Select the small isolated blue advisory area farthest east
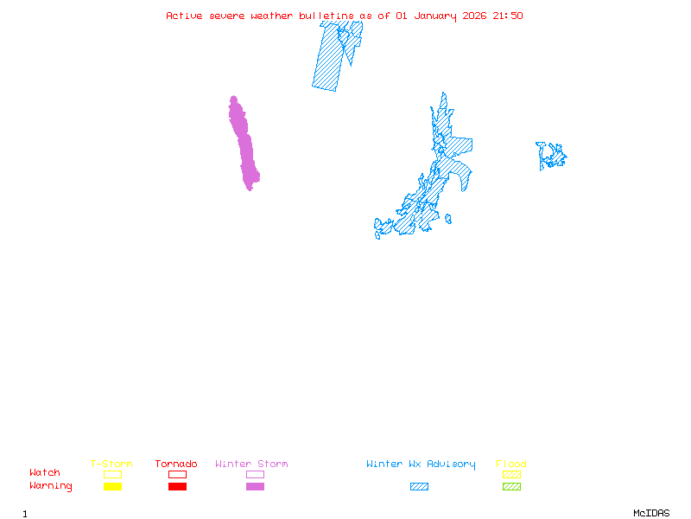[550, 157]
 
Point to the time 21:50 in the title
[508, 16]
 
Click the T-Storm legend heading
[111, 465]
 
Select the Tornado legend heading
[176, 465]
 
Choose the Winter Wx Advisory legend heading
[421, 465]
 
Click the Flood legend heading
[511, 465]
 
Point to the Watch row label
[45, 473]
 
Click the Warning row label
[51, 486]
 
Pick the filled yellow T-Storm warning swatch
[112, 487]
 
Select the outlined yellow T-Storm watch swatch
[112, 474]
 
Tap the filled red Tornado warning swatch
[177, 487]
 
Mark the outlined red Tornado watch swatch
[177, 474]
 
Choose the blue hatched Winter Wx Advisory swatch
[419, 487]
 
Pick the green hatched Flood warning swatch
[511, 487]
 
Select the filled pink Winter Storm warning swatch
[255, 487]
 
